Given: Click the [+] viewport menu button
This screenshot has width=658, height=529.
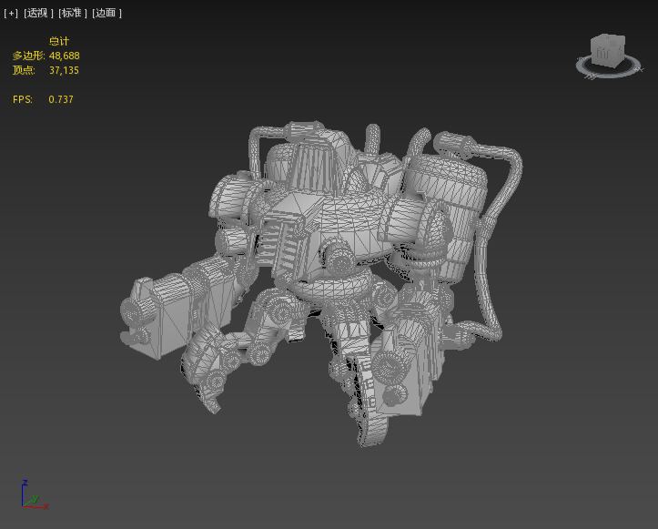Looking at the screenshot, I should (x=11, y=14).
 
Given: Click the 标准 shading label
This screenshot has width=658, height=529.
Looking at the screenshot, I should (x=73, y=14).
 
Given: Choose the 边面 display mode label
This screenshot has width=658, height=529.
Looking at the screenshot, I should (x=106, y=14).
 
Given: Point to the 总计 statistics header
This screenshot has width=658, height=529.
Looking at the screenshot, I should (x=59, y=41).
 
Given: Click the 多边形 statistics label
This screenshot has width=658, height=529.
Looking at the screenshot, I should (x=28, y=56).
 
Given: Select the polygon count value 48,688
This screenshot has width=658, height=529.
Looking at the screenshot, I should (x=65, y=56).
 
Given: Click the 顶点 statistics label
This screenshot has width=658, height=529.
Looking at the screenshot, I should (x=23, y=70).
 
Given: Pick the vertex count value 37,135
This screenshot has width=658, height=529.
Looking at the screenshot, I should (x=65, y=70).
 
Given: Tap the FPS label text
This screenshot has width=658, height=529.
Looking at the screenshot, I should (x=23, y=99).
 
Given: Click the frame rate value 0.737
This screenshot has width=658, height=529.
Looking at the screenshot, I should (x=61, y=99).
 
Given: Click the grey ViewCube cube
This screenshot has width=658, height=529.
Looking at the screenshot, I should (x=604, y=50).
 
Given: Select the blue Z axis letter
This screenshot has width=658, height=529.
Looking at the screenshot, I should (x=25, y=483).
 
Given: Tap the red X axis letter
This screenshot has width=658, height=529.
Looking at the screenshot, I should (x=46, y=506).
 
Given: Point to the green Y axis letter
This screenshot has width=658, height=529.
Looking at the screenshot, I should (x=35, y=498).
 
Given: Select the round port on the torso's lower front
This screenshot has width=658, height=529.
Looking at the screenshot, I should (x=339, y=263).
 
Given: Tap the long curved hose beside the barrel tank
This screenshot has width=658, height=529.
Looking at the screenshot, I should (x=496, y=246).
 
